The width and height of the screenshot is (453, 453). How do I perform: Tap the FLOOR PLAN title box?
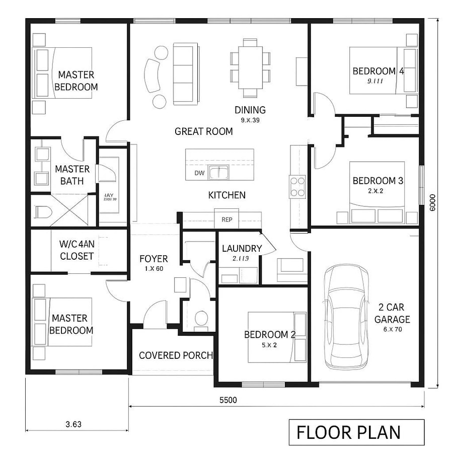[x=356, y=432]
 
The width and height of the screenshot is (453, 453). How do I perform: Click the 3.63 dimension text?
[x=73, y=424]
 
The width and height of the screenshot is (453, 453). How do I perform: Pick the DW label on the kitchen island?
[x=199, y=173]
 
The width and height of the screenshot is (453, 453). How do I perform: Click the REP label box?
[x=226, y=219]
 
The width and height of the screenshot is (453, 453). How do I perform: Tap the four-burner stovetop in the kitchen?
[x=297, y=186]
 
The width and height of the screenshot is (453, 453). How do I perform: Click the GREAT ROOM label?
[x=203, y=132]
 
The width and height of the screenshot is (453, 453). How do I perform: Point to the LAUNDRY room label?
[x=242, y=248]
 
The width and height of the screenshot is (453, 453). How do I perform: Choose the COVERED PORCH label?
[x=176, y=355]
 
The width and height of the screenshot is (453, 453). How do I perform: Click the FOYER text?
[x=154, y=259]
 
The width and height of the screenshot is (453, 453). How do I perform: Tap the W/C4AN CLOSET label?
[x=77, y=250]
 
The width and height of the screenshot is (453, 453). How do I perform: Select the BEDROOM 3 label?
[x=377, y=180]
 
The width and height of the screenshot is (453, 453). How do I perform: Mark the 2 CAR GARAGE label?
[x=392, y=313]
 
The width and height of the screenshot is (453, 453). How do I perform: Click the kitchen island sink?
[x=219, y=173]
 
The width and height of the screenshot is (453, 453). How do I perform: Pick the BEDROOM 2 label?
[x=269, y=335]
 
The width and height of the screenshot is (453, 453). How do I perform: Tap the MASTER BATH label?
[x=72, y=175]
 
